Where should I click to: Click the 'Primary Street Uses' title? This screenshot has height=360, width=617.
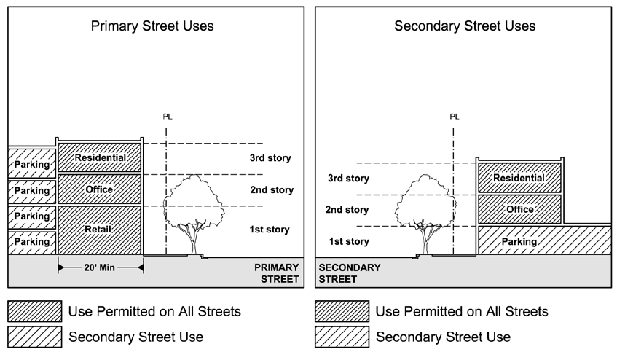pos(152,26)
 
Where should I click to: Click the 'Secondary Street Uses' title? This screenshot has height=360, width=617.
pos(464,26)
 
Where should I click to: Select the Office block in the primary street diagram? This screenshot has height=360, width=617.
pos(100,190)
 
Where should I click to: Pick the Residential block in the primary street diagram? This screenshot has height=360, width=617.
pos(100,157)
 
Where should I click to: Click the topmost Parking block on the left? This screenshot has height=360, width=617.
pos(31,165)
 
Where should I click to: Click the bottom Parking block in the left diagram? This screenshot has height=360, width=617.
pos(31,241)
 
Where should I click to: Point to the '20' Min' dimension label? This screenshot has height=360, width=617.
pos(100,267)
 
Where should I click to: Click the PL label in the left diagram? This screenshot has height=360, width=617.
pos(169,116)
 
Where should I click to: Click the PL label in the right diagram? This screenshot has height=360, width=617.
pos(455,116)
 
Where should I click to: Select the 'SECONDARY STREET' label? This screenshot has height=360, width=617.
pos(350,273)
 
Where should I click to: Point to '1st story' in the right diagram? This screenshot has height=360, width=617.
pos(348,241)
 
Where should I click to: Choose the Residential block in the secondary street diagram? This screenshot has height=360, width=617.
pos(519,178)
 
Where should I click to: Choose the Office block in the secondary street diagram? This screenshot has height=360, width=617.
pos(519,209)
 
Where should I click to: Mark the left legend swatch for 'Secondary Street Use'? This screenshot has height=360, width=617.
pos(34,337)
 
